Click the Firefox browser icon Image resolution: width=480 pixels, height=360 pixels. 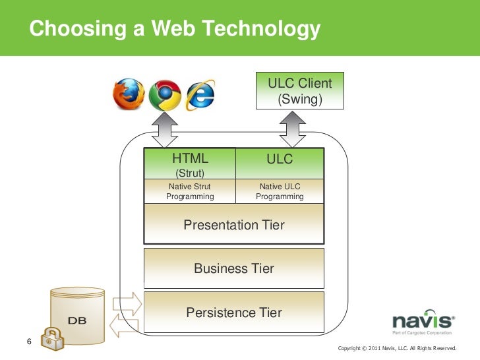[x=128, y=94]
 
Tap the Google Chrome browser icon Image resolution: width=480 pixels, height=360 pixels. [x=164, y=95]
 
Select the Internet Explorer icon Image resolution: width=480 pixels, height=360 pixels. [x=200, y=96]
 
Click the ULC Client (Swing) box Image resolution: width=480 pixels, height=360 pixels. [x=299, y=92]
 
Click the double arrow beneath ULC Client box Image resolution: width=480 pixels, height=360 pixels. [x=291, y=131]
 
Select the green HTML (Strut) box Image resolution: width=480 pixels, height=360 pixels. [x=189, y=164]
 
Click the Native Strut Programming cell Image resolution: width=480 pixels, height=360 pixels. [x=189, y=191]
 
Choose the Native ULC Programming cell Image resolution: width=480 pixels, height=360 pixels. [x=280, y=191]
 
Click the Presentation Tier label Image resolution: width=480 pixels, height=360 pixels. [x=233, y=225]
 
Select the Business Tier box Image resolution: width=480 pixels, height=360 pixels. [x=233, y=268]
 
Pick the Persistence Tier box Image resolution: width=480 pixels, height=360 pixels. [x=233, y=313]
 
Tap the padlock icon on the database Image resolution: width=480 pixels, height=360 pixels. [x=50, y=340]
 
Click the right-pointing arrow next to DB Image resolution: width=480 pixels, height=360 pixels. [x=127, y=303]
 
